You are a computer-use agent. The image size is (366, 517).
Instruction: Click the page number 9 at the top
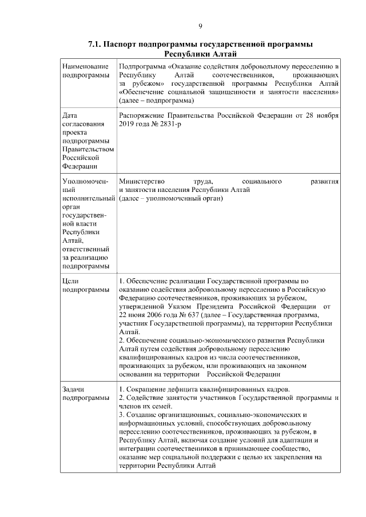(x=200, y=26)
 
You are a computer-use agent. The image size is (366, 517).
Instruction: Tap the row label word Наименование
(x=85, y=67)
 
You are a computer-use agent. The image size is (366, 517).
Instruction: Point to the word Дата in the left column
(x=70, y=115)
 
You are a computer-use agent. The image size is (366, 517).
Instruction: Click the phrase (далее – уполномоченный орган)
(x=171, y=198)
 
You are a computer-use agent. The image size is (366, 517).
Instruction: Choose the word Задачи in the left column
(x=73, y=388)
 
